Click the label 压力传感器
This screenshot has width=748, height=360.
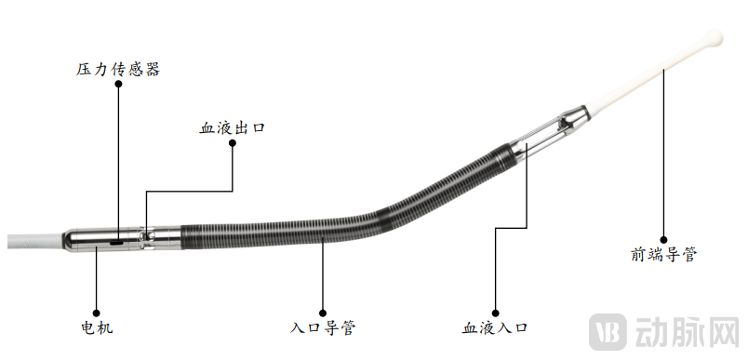click(x=118, y=69)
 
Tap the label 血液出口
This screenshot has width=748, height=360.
click(x=232, y=128)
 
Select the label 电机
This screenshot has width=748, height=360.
click(x=97, y=327)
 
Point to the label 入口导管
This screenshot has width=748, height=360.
click(x=323, y=327)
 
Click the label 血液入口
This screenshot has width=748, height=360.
click(x=495, y=327)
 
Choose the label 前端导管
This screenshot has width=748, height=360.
click(x=663, y=254)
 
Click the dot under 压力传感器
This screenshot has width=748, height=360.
click(x=118, y=84)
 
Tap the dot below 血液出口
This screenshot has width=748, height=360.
click(x=233, y=143)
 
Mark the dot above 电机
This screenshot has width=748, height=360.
click(x=97, y=313)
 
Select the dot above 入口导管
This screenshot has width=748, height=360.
click(x=323, y=313)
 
